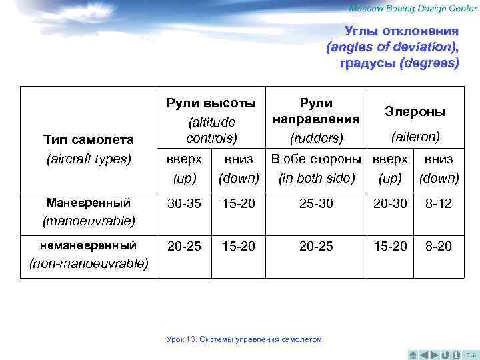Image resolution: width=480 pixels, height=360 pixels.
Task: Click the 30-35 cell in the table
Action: click(183, 204)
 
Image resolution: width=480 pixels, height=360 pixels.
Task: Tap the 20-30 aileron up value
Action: click(390, 204)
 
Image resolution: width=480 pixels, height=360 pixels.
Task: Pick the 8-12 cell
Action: click(438, 204)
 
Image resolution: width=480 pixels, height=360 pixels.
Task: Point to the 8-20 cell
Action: click(438, 247)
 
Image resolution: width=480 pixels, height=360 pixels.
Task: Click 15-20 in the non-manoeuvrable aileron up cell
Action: click(390, 247)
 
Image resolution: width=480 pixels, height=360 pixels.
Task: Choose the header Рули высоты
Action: click(211, 103)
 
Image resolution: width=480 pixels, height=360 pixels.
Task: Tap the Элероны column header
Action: click(415, 112)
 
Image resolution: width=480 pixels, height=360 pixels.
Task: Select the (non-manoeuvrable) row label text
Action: click(89, 263)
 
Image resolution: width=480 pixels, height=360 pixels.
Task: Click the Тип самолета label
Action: click(88, 140)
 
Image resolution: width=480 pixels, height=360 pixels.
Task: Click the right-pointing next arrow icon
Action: click(435, 354)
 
